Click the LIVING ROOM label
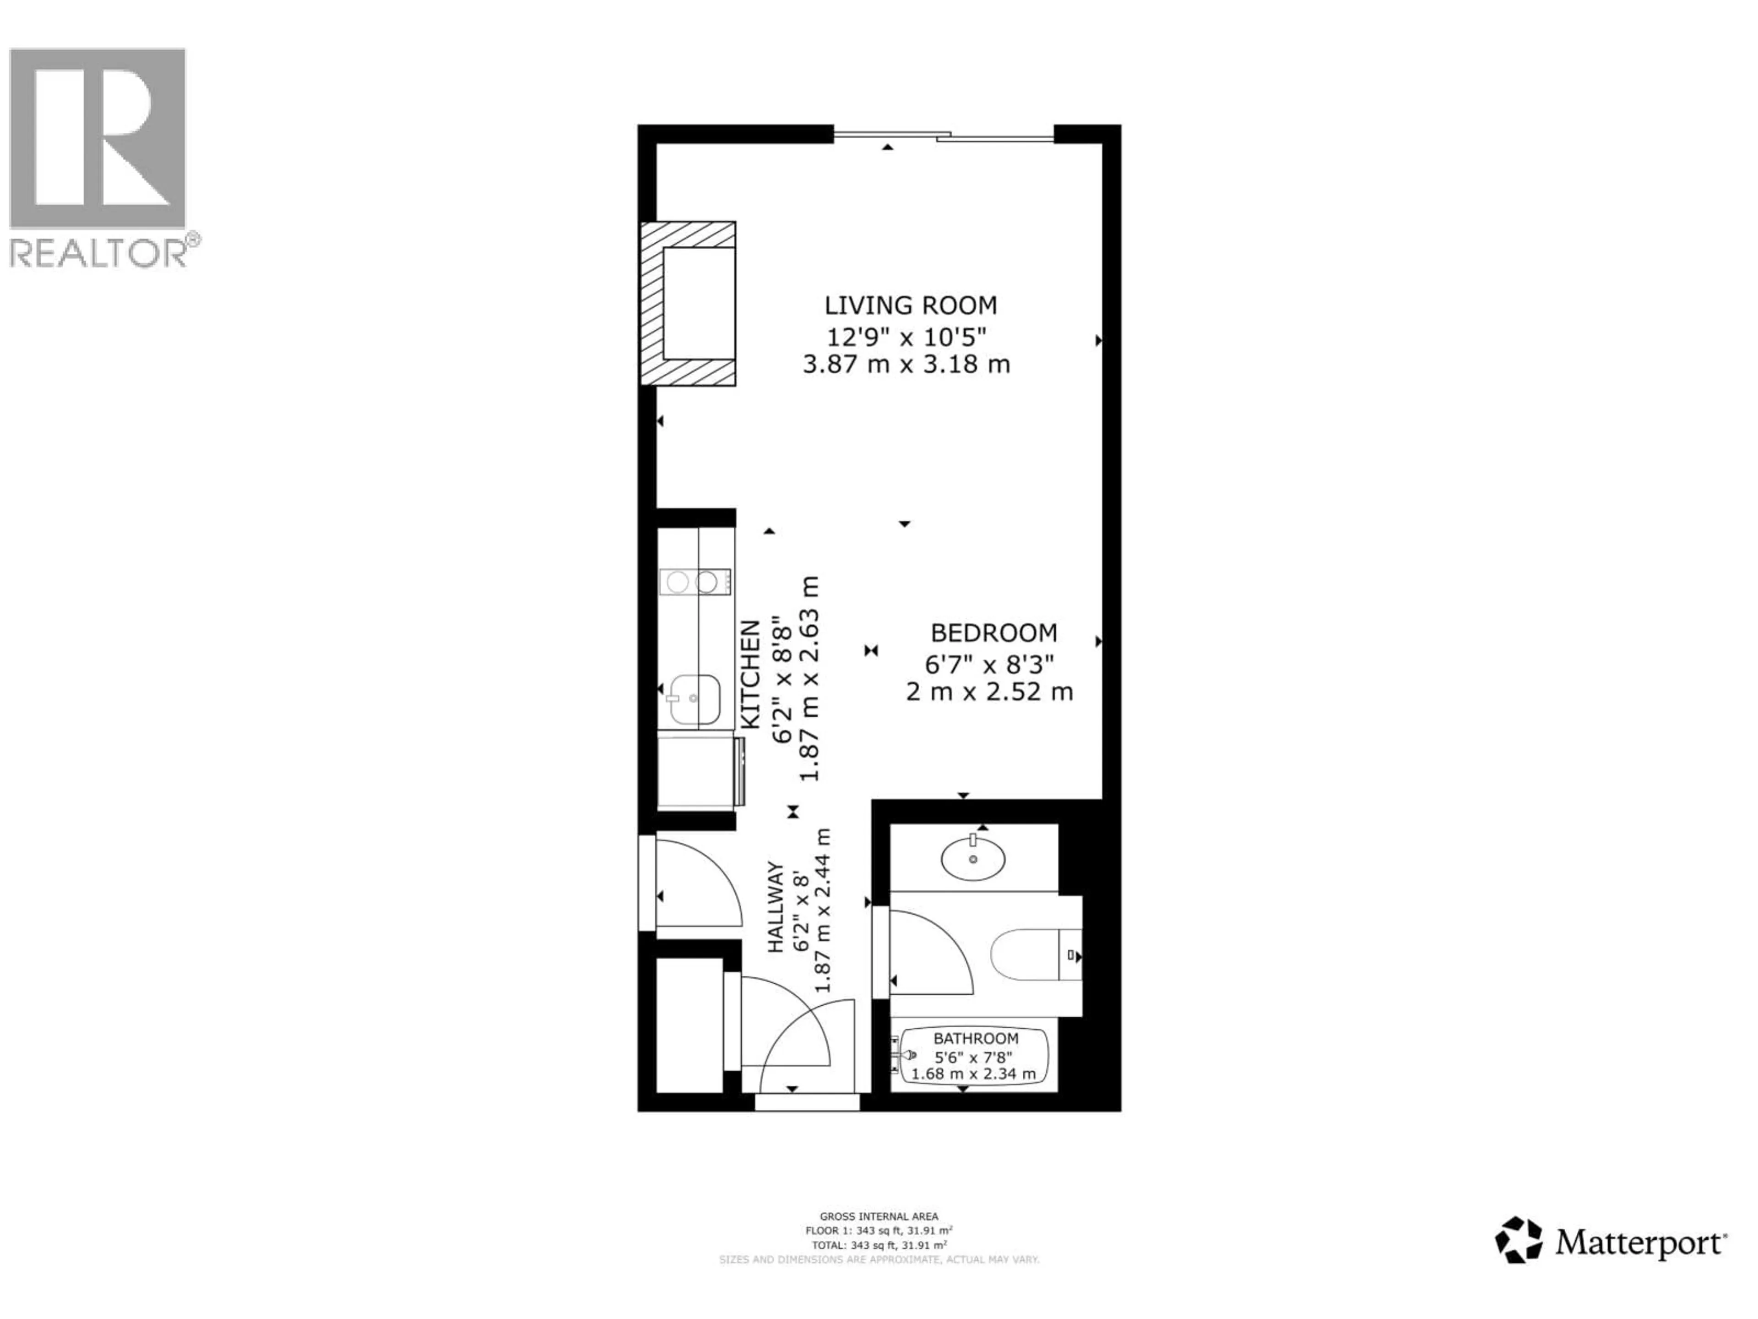click(x=910, y=305)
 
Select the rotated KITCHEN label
click(x=751, y=674)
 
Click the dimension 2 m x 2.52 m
click(x=989, y=692)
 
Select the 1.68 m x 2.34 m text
click(x=974, y=1074)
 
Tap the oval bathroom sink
click(x=973, y=859)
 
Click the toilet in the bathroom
click(x=1033, y=954)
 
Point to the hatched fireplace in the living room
click(x=688, y=304)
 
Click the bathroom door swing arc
click(x=930, y=953)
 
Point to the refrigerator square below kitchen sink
click(x=695, y=771)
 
